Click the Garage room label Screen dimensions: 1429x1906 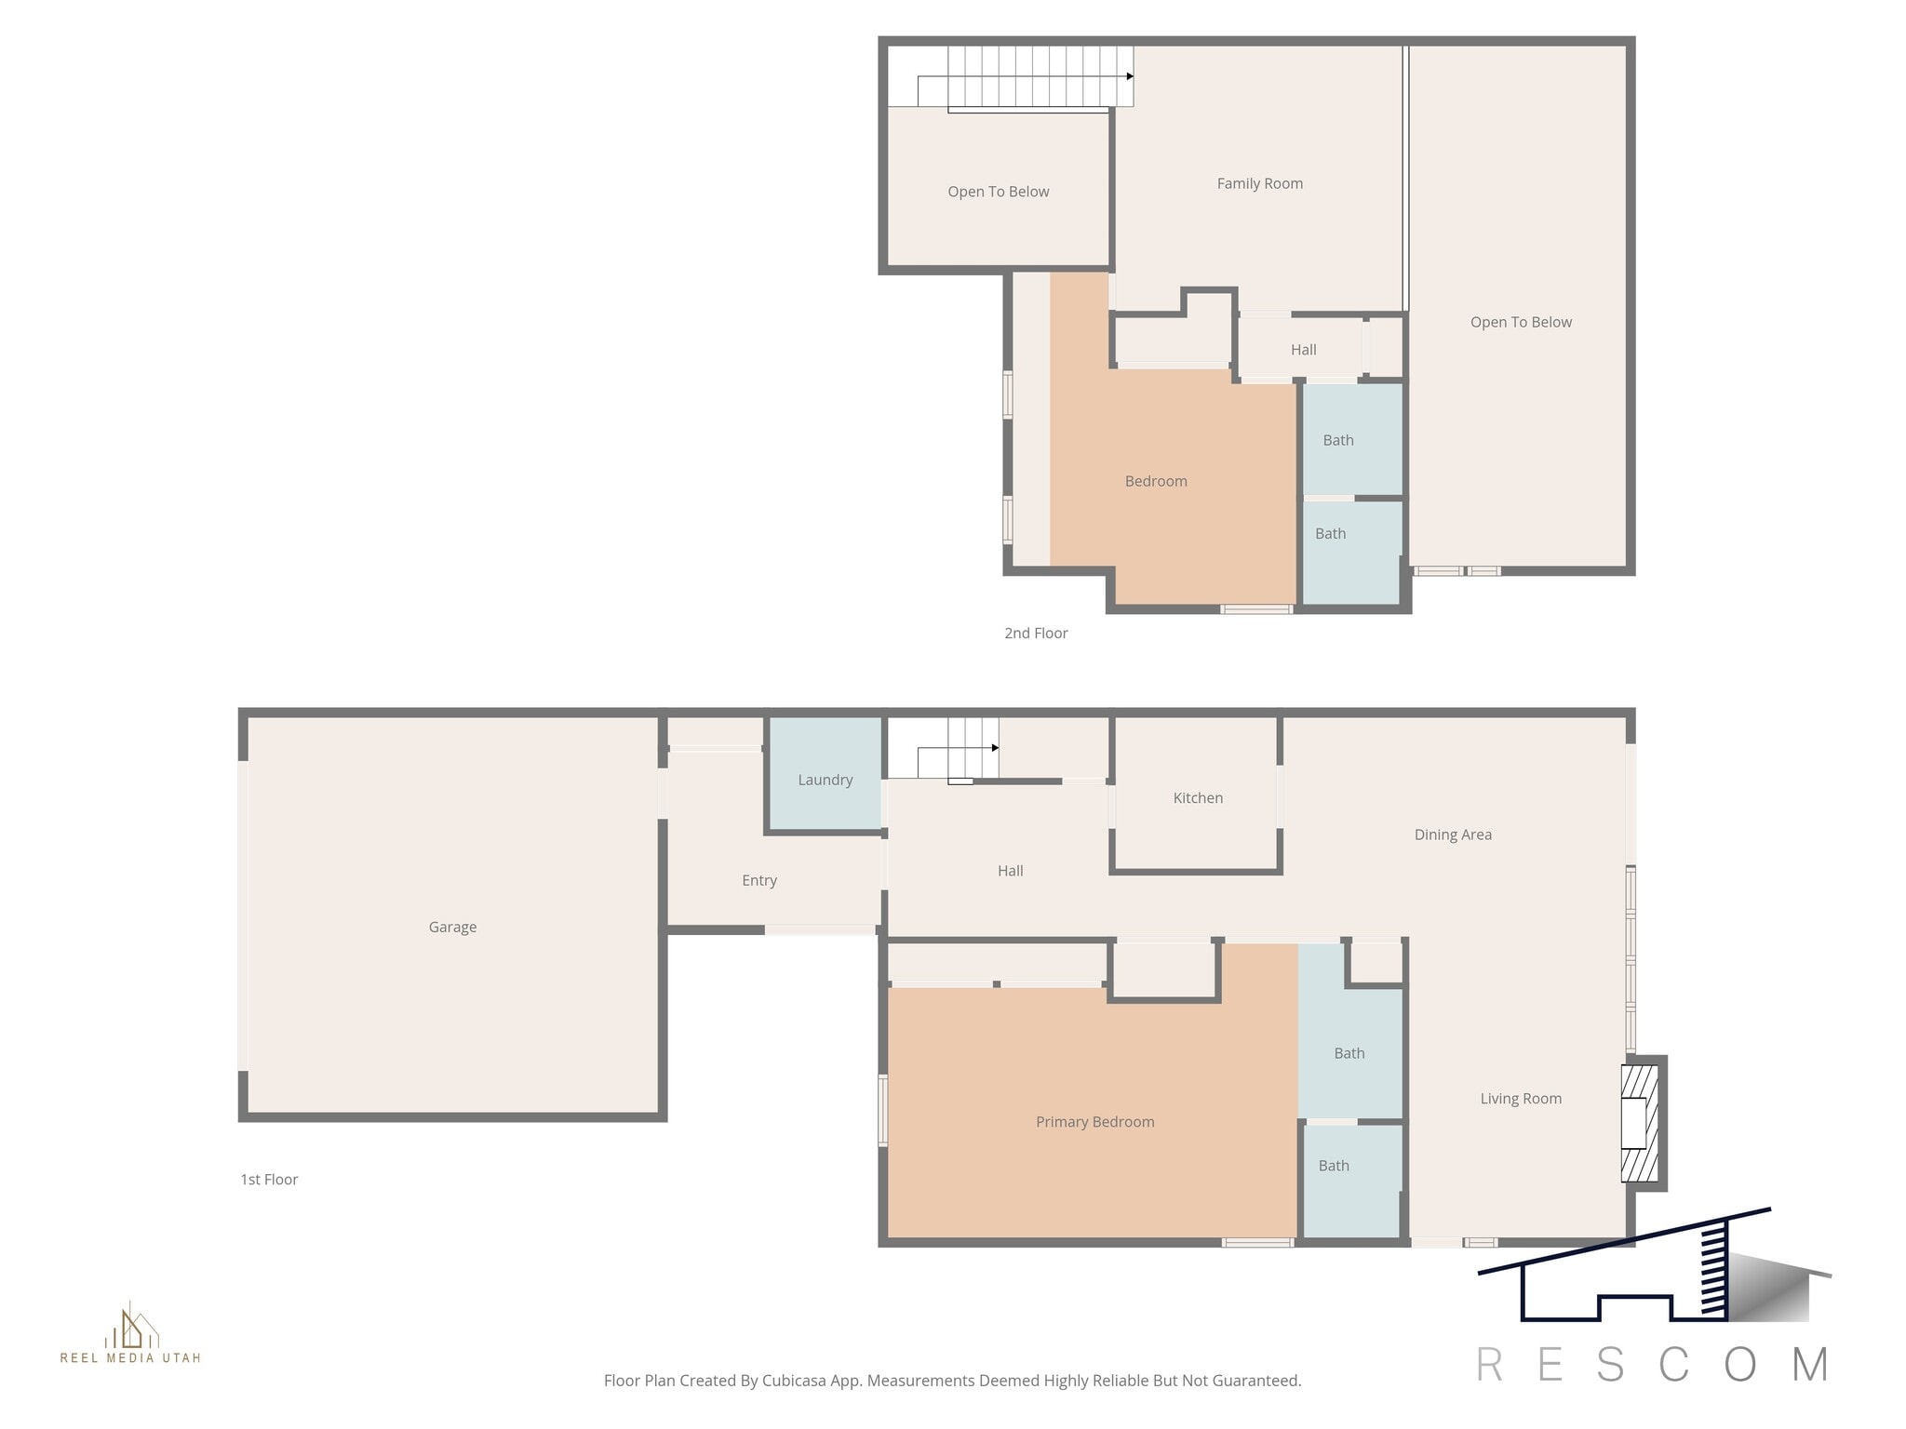[x=452, y=927]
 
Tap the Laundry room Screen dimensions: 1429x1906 [x=825, y=780]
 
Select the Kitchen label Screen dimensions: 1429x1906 [x=1198, y=797]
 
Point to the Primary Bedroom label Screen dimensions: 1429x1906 [x=1094, y=1122]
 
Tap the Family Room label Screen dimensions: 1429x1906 [x=1259, y=183]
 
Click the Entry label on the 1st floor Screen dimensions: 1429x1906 [x=758, y=880]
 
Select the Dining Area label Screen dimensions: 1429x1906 [x=1452, y=835]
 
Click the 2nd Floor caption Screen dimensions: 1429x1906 [x=1035, y=633]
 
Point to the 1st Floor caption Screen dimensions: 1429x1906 [x=269, y=1179]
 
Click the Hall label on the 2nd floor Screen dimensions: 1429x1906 [x=1303, y=350]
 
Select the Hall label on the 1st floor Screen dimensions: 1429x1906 [x=1010, y=871]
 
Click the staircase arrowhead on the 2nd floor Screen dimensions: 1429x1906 [x=1130, y=76]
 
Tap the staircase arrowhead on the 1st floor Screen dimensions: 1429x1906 [x=995, y=748]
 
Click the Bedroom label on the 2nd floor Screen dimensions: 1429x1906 [x=1155, y=481]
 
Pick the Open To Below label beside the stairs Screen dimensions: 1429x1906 [x=998, y=192]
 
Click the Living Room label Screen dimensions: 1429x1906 [x=1520, y=1099]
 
